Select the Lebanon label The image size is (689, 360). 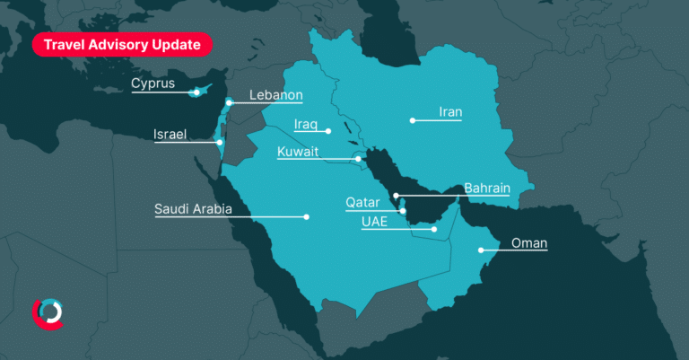pyautogui.click(x=275, y=95)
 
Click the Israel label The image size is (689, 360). pyautogui.click(x=170, y=135)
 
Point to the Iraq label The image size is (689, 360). pyautogui.click(x=306, y=124)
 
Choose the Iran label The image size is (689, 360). pyautogui.click(x=449, y=112)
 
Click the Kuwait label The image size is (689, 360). pyautogui.click(x=298, y=152)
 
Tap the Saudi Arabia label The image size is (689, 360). pyautogui.click(x=193, y=209)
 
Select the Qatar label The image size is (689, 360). pyautogui.click(x=362, y=203)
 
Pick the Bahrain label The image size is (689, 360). pyautogui.click(x=487, y=189)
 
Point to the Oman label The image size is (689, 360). pyautogui.click(x=528, y=243)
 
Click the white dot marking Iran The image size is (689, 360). pyautogui.click(x=413, y=120)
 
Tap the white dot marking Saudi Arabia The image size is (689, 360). pyautogui.click(x=306, y=216)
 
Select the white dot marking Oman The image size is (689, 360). pyautogui.click(x=482, y=251)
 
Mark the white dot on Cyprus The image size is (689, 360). pyautogui.click(x=196, y=92)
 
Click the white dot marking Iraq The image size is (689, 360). pyautogui.click(x=329, y=131)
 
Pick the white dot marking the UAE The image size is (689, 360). pyautogui.click(x=434, y=229)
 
